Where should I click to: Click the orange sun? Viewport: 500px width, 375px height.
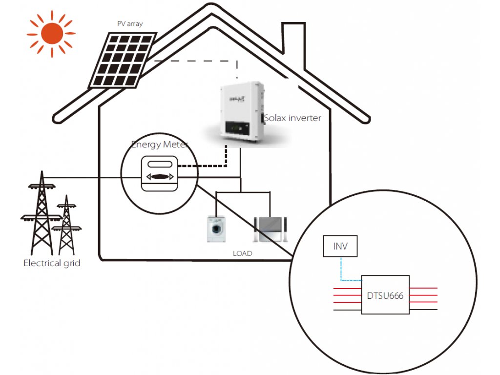pyautogui.click(x=52, y=34)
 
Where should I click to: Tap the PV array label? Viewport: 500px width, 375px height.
pyautogui.click(x=130, y=24)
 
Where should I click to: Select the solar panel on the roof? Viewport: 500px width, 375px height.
pyautogui.click(x=123, y=60)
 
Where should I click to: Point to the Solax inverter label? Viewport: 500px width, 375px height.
pyautogui.click(x=292, y=118)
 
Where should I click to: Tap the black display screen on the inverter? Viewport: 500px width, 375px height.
pyautogui.click(x=237, y=128)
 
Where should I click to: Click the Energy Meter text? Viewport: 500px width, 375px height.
pyautogui.click(x=160, y=145)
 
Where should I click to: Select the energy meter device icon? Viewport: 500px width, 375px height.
pyautogui.click(x=160, y=173)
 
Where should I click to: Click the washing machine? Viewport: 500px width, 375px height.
pyautogui.click(x=216, y=229)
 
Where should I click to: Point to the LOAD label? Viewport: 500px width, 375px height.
pyautogui.click(x=242, y=253)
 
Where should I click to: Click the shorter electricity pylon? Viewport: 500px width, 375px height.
pyautogui.click(x=66, y=225)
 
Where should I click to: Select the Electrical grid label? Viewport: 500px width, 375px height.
pyautogui.click(x=52, y=263)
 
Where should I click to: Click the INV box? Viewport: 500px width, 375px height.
pyautogui.click(x=340, y=246)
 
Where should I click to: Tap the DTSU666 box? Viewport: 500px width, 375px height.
pyautogui.click(x=385, y=295)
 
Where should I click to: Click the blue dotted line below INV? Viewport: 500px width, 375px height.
pyautogui.click(x=341, y=269)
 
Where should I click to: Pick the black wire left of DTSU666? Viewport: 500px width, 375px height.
pyautogui.click(x=347, y=310)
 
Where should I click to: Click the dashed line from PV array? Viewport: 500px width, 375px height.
pyautogui.click(x=196, y=61)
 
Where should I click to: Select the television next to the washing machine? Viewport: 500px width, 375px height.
pyautogui.click(x=270, y=229)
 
